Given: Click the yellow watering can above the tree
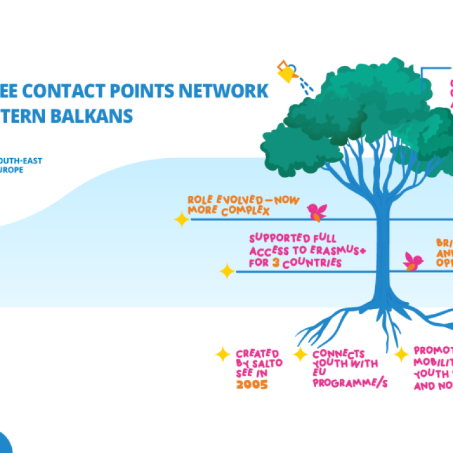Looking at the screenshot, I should pos(286,72).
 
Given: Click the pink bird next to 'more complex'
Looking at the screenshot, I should pos(317,211).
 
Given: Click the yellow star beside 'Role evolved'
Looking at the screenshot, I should pos(182,220).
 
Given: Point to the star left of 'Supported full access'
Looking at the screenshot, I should pos(227,271).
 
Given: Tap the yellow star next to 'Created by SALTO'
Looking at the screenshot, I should pos(222,354).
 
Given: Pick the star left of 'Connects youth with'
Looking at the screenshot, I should pos(300,354).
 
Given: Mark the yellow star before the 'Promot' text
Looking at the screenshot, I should pos(402,354).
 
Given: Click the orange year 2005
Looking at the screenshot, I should pos(251,385).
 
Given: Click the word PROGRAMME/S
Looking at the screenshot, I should pos(350,383).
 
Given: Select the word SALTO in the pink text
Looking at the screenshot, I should pos(268,364).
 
